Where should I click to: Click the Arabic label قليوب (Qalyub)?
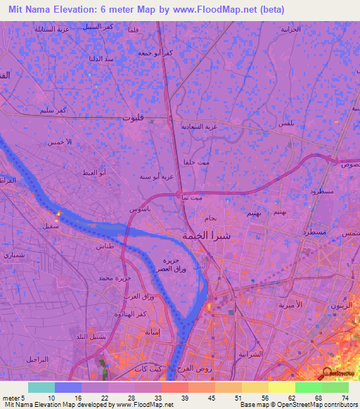coord(133,119)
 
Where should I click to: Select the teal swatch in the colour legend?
coord(41,387)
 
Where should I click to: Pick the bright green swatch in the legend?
coord(309,387)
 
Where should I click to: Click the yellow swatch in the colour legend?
coord(282,387)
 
